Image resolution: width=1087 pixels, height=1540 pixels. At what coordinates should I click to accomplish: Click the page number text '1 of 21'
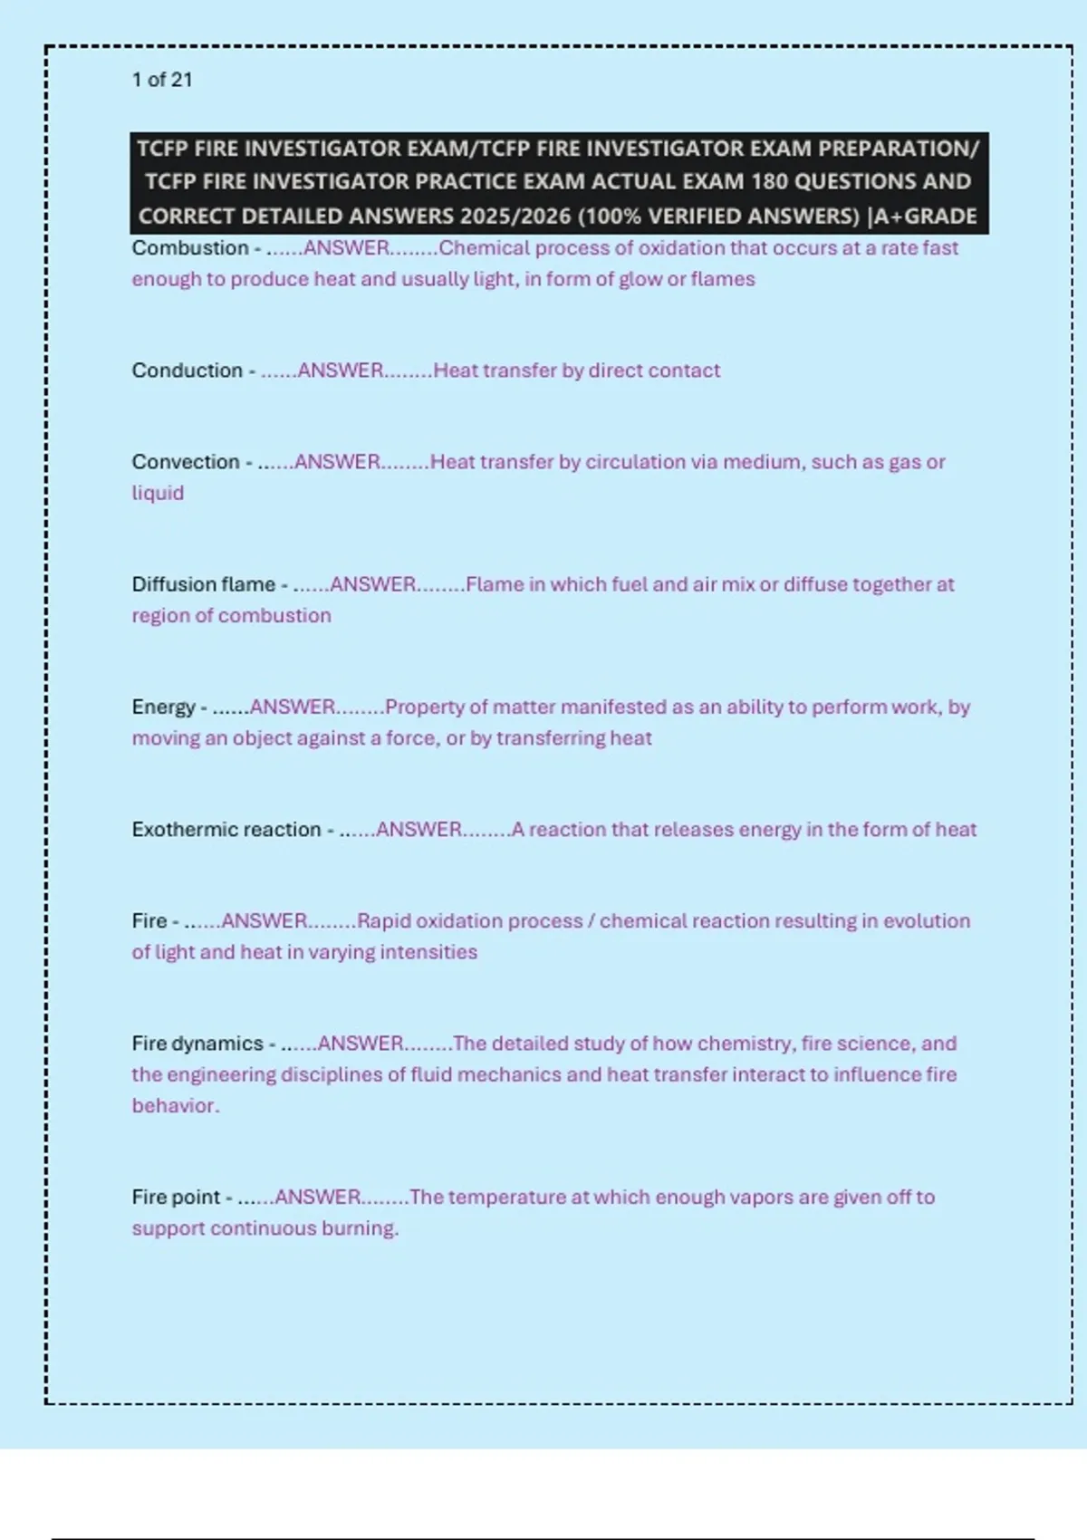coord(161,80)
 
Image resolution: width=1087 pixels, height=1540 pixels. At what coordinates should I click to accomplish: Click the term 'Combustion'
coord(189,248)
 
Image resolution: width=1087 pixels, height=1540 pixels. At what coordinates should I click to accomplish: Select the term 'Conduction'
coord(187,371)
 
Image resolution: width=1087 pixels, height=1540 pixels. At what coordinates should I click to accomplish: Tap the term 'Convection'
coord(185,462)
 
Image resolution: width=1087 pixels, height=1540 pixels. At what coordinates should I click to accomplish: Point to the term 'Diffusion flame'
coord(203,584)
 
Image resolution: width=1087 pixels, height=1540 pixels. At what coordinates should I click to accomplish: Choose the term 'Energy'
coord(163,707)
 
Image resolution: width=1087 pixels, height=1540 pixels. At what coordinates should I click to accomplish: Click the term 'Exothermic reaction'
coord(226,830)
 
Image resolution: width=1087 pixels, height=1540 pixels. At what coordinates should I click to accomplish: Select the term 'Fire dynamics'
coord(197,1044)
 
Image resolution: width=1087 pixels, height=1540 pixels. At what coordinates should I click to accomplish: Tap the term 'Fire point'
coord(176,1198)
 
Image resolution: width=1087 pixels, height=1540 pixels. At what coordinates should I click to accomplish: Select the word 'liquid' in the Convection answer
coord(158,493)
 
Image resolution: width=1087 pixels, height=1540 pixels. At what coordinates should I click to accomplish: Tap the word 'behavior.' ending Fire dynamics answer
coord(175,1106)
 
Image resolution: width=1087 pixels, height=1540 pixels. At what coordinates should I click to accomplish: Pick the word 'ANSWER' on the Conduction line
coord(340,371)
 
